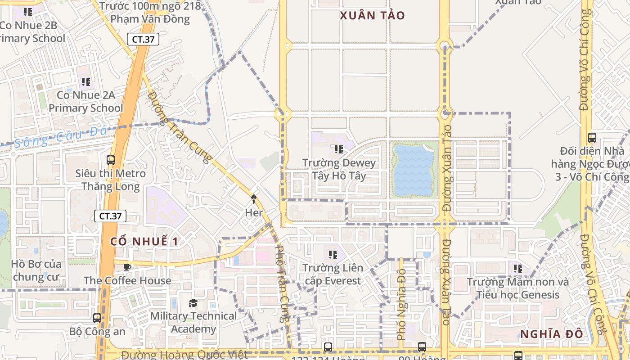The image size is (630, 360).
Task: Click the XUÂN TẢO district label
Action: coord(372,16)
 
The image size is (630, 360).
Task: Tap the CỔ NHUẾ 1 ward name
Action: coord(144,241)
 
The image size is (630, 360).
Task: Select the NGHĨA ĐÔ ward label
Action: coord(552,334)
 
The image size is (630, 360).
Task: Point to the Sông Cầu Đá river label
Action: coord(61,136)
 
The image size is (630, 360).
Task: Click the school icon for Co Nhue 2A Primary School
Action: coord(85,82)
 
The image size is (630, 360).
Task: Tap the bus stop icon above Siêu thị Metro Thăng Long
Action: coord(111,160)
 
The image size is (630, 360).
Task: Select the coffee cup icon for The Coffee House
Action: coord(128,267)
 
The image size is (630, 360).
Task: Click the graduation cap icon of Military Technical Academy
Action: coord(193,303)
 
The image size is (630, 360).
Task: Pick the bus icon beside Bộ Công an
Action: coord(97,318)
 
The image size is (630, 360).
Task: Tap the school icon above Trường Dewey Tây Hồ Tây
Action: coord(339,149)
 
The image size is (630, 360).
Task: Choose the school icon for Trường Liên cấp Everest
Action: coord(333,255)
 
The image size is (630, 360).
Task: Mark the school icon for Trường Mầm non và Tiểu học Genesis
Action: coord(518,269)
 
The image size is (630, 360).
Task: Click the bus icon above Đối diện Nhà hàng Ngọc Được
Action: coord(592,138)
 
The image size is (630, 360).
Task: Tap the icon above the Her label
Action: coord(254,198)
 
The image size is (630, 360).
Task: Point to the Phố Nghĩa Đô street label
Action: coord(401,304)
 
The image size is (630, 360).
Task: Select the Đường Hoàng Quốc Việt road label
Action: coord(184,355)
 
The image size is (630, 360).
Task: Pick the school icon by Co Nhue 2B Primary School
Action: coord(28,12)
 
